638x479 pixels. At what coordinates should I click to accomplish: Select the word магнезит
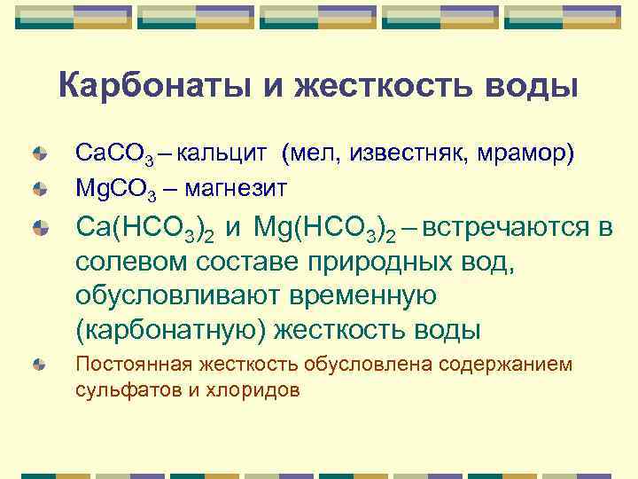pyautogui.click(x=238, y=187)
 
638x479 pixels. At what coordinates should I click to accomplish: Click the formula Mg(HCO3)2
pyautogui.click(x=323, y=229)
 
